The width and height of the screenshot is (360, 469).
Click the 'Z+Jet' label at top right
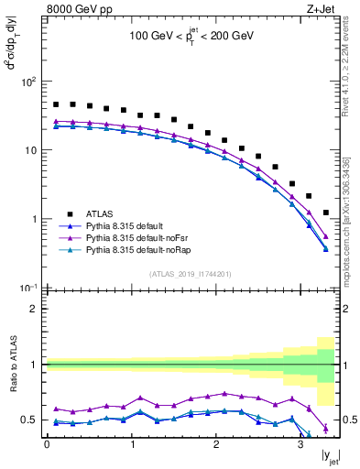click(319, 10)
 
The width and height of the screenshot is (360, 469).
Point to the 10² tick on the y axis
click(29, 82)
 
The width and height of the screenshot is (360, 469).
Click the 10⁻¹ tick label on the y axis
click(28, 288)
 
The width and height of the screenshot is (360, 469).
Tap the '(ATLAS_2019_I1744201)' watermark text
click(191, 274)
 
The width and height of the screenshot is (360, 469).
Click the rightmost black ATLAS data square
click(326, 213)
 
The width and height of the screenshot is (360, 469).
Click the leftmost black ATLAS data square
click(56, 104)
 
